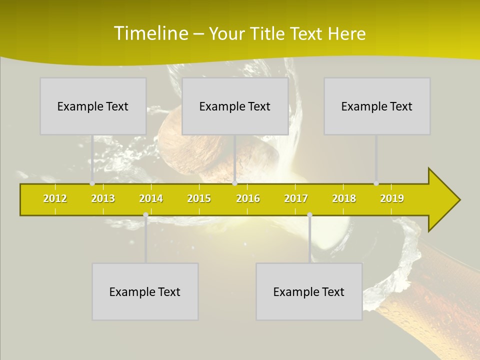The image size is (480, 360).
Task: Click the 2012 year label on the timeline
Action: click(55, 198)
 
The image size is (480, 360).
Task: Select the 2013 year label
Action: click(103, 198)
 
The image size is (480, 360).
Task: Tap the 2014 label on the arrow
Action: click(151, 198)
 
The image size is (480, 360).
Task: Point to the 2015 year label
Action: click(199, 198)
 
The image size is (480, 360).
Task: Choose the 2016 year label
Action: click(248, 198)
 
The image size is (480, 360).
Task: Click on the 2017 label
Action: click(296, 198)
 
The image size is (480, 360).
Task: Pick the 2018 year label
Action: click(344, 198)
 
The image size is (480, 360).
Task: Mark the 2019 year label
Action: click(392, 198)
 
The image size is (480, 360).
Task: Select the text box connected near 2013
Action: click(93, 106)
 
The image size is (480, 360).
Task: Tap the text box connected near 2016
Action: click(235, 106)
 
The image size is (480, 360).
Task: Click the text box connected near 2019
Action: click(377, 106)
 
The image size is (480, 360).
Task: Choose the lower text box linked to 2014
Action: click(145, 291)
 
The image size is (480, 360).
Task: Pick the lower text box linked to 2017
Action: click(309, 291)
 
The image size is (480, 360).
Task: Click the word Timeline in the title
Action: click(149, 33)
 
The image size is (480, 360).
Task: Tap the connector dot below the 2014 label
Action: click(145, 215)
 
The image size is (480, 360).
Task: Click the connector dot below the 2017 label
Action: click(309, 215)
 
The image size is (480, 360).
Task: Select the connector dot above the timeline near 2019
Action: click(376, 183)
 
